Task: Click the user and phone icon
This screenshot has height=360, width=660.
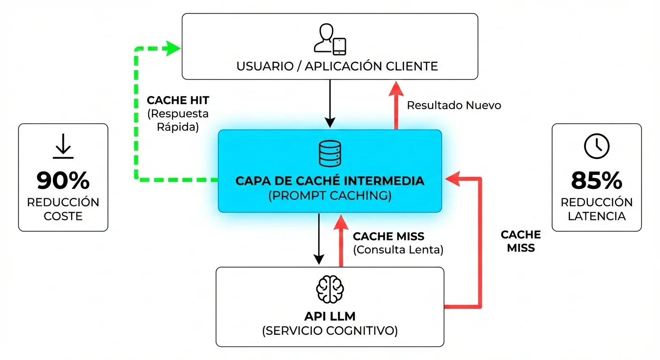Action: [x=330, y=39]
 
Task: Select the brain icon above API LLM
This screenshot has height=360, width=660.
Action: [x=330, y=290]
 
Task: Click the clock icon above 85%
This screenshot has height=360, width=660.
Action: [x=596, y=146]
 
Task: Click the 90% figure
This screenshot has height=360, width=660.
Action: [x=63, y=181]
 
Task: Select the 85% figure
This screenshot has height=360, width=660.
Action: [x=596, y=181]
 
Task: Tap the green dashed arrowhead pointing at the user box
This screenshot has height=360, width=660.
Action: [x=174, y=48]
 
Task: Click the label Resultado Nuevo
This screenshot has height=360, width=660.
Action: [x=454, y=105]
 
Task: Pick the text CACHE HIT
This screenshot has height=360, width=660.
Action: [x=178, y=100]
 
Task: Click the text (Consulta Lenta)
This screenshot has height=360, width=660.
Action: [x=398, y=250]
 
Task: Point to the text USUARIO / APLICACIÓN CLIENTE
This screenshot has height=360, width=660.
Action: [x=337, y=66]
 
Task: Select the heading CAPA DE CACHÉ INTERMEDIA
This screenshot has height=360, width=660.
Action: [x=330, y=180]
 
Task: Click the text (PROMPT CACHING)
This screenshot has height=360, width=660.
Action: [x=330, y=195]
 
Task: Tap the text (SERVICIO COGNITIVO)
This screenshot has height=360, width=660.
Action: [x=330, y=331]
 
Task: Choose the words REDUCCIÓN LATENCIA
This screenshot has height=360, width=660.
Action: [x=596, y=209]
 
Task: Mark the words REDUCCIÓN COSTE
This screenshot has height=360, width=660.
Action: [x=63, y=209]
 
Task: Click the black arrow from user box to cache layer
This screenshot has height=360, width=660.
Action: [x=330, y=103]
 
